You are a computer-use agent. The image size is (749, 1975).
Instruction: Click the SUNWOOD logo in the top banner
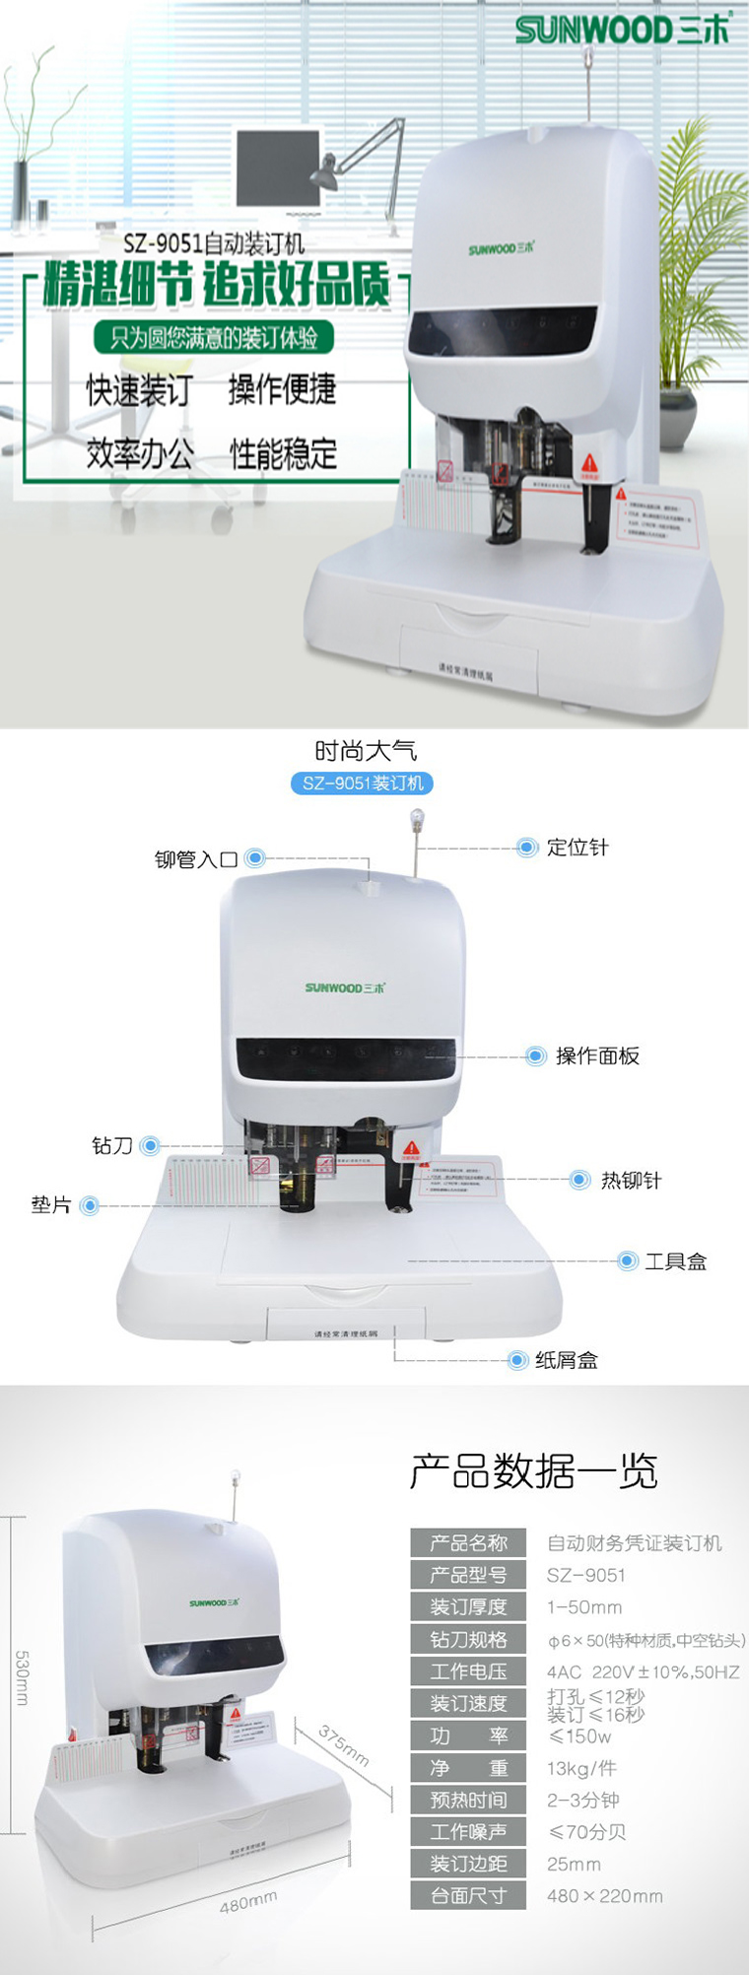622,30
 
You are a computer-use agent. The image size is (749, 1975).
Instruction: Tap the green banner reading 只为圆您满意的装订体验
214,338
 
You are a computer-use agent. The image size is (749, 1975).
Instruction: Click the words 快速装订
139,390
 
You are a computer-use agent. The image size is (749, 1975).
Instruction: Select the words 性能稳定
284,454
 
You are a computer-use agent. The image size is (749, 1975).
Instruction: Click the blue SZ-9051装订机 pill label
363,783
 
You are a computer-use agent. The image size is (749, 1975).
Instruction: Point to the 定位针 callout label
578,848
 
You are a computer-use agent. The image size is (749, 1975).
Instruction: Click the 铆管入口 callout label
196,859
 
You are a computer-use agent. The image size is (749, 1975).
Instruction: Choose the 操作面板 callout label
597,1056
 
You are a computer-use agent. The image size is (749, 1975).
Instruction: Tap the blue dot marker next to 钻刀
150,1145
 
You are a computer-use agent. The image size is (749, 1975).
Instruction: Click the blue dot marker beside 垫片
90,1205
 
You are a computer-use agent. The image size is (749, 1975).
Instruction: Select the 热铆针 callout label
631,1181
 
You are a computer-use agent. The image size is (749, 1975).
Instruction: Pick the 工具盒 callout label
675,1261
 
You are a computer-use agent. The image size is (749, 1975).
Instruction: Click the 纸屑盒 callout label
566,1361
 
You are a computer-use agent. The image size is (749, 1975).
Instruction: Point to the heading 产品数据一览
533,1471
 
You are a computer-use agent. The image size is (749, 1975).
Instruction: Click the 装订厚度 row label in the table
468,1607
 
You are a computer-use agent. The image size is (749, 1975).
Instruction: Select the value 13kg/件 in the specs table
581,1769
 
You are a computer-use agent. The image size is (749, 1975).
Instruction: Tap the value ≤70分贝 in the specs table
587,1832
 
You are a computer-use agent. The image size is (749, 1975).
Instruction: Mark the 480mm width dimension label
248,1901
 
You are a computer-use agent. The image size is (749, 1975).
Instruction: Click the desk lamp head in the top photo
324,174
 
